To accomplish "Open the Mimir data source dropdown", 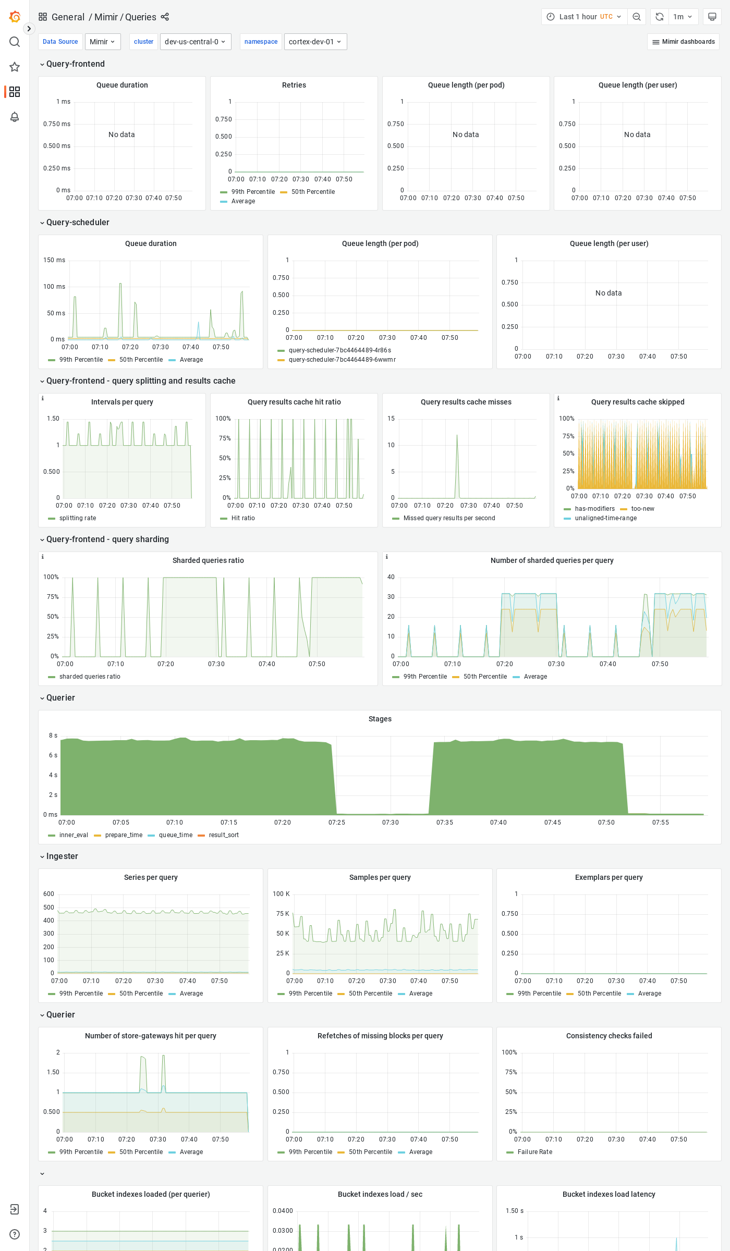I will [103, 42].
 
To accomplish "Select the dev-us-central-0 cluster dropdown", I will [195, 42].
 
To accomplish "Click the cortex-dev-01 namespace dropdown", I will [315, 42].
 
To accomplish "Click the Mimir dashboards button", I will [683, 42].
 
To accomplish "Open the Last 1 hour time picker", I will [584, 17].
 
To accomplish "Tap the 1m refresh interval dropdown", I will [682, 17].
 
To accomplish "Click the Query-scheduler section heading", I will [78, 222].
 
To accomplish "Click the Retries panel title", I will [294, 85].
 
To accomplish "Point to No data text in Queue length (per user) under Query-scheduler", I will [609, 293].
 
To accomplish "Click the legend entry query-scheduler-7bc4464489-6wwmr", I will [342, 360].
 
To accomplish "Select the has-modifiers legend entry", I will [594, 509].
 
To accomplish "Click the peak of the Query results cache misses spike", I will [457, 435].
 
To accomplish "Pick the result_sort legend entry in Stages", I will [224, 835].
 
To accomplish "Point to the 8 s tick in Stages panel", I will [53, 735].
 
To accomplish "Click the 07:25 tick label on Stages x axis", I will [337, 823].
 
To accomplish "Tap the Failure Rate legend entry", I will [534, 1152].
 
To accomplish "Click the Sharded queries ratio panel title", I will [208, 560].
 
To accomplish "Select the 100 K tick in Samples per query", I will [281, 894].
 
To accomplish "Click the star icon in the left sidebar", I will [15, 67].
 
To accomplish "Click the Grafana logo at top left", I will [15, 17].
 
